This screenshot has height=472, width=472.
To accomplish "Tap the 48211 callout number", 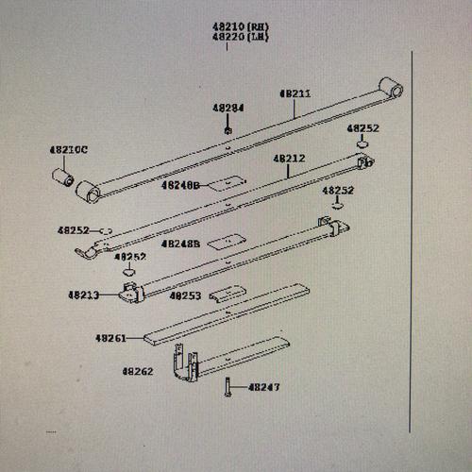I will click(294, 93).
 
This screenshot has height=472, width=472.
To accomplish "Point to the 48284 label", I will click(228, 108).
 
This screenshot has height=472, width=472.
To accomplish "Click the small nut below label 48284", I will click(228, 128).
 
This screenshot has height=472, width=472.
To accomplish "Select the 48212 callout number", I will click(289, 160).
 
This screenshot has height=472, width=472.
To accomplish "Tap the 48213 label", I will click(83, 295).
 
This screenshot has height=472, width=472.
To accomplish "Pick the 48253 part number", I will click(185, 295).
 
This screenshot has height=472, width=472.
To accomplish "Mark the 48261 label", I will click(110, 337).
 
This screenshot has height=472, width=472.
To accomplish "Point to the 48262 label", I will click(137, 371).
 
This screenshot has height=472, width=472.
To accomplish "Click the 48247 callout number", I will click(263, 387).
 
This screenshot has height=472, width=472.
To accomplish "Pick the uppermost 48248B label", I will click(180, 186).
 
